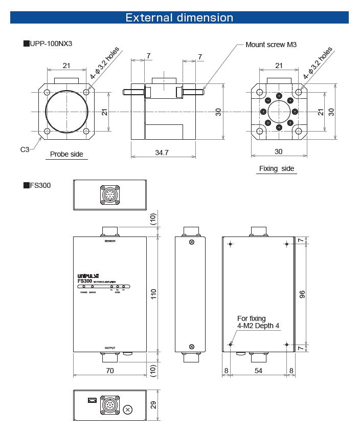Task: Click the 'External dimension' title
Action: (x=179, y=17)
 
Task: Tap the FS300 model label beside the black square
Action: (x=40, y=185)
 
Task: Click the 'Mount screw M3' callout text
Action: (x=271, y=45)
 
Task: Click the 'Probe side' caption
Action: (x=66, y=154)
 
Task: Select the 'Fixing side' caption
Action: (x=277, y=168)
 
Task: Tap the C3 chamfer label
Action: (x=25, y=149)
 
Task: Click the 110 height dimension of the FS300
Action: (x=153, y=294)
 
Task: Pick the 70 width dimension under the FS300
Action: (x=109, y=370)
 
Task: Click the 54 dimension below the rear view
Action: (x=258, y=370)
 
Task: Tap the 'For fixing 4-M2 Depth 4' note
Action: (x=258, y=322)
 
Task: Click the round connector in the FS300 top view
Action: (x=110, y=195)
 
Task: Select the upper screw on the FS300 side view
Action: (x=192, y=242)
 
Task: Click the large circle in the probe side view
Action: (x=67, y=111)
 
